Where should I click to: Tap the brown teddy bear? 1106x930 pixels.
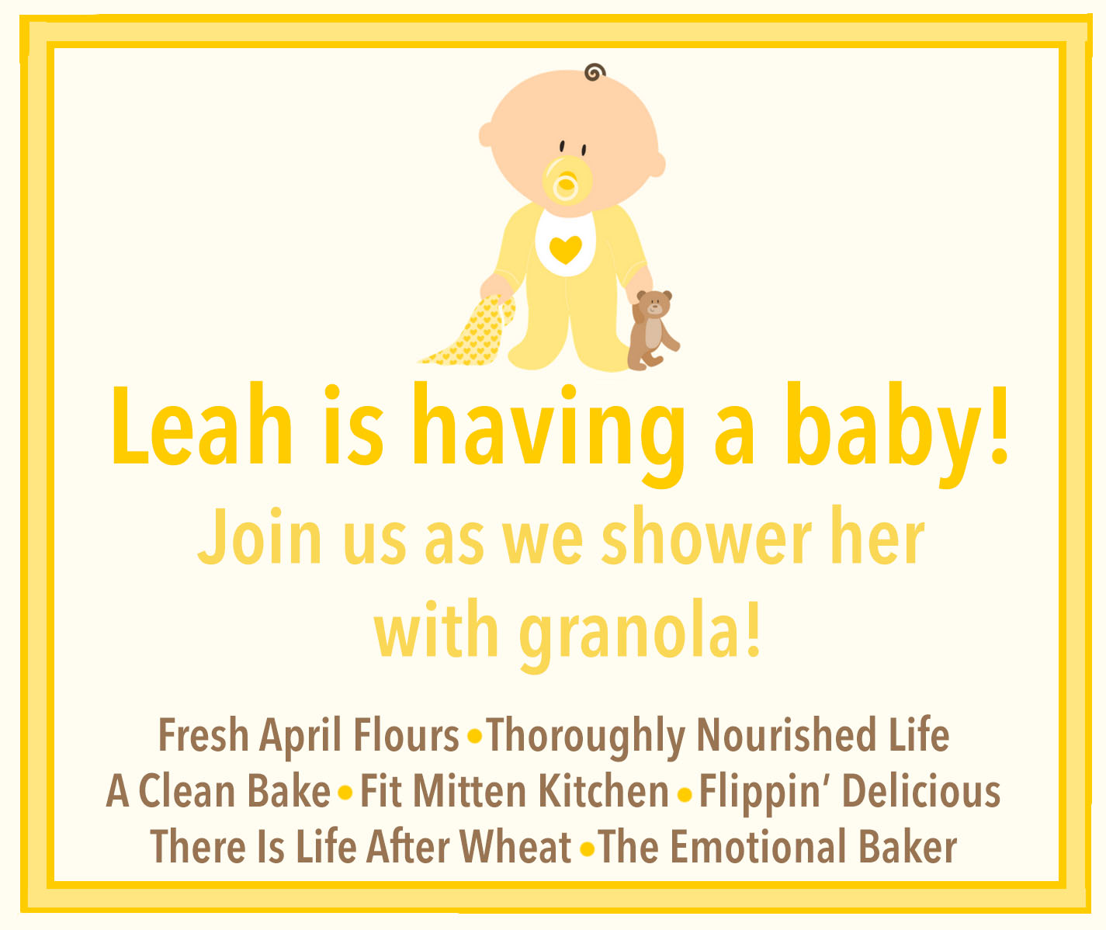point(653,329)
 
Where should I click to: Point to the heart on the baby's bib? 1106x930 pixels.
point(565,249)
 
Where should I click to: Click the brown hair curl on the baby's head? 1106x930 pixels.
point(595,72)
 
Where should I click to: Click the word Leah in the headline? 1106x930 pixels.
point(202,425)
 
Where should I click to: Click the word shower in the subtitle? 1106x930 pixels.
point(706,535)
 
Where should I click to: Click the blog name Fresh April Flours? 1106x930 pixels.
point(308,735)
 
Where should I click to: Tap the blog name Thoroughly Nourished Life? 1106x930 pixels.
point(718,737)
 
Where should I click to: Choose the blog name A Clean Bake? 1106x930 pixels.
point(218,791)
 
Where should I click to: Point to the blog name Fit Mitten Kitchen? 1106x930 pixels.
point(515,791)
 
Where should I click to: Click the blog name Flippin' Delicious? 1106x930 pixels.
point(850,793)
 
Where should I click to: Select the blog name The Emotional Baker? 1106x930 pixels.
point(778,847)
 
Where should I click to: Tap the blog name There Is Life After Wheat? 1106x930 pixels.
point(361,847)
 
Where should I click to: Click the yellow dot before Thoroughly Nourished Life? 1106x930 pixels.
point(474,737)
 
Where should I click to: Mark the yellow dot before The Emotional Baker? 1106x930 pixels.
point(587,849)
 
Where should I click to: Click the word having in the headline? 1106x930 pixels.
point(548,435)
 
